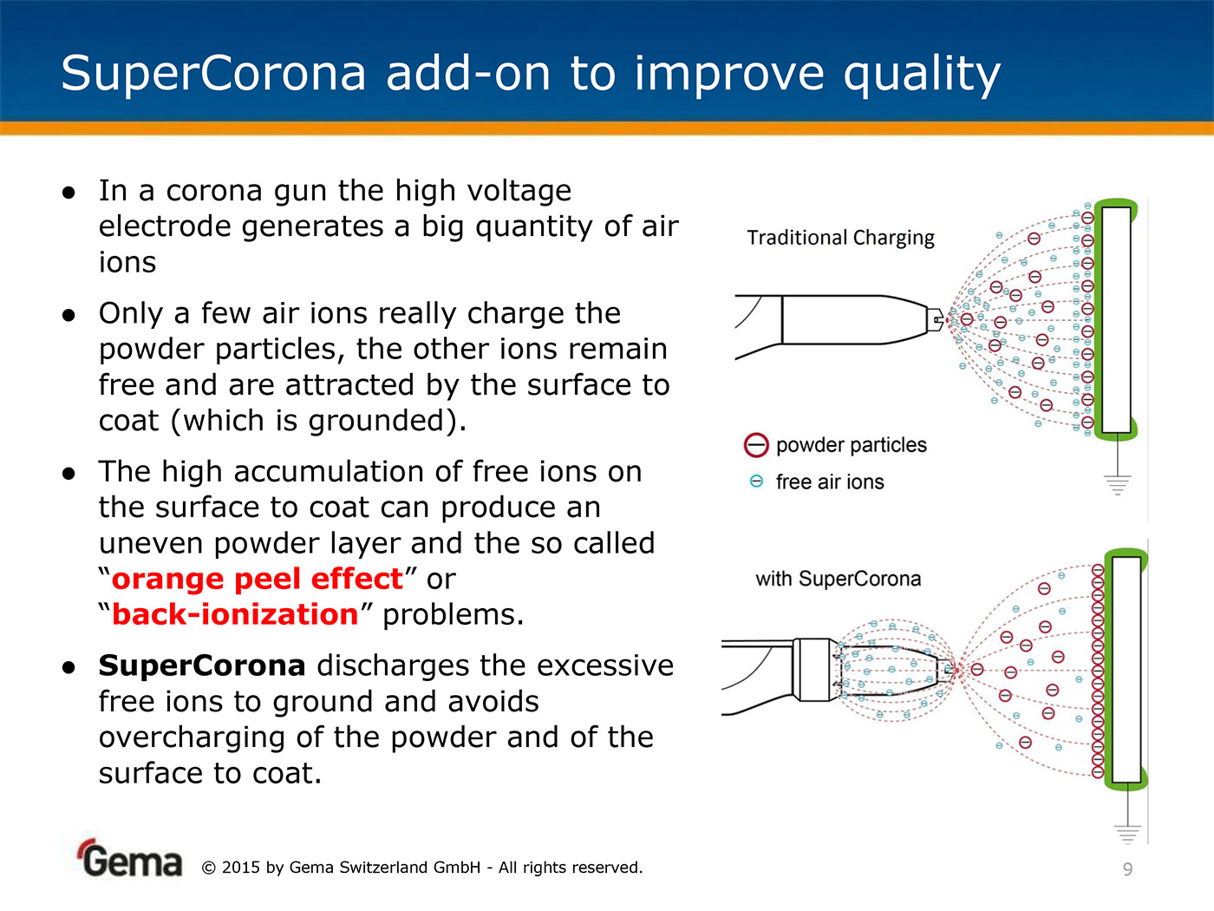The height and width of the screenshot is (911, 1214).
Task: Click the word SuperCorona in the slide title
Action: point(213,74)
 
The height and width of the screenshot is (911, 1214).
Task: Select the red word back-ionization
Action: point(235,614)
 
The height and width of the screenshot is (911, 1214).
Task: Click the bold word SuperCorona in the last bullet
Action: point(202,666)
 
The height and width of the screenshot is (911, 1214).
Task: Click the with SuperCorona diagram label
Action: point(838,579)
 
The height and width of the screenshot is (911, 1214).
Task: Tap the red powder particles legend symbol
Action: point(756,445)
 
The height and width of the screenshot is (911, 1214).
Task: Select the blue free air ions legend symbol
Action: point(756,482)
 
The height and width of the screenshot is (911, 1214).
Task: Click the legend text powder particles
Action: point(852,445)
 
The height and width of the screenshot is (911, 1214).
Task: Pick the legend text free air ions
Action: point(830,482)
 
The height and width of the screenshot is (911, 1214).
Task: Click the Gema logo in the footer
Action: point(129,859)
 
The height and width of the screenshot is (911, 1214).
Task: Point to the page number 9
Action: point(1128,869)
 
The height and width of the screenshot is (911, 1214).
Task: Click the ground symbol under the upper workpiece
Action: point(1118,485)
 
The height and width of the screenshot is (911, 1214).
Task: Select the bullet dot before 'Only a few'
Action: point(69,316)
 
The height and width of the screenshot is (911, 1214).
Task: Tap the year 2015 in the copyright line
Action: point(240,868)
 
